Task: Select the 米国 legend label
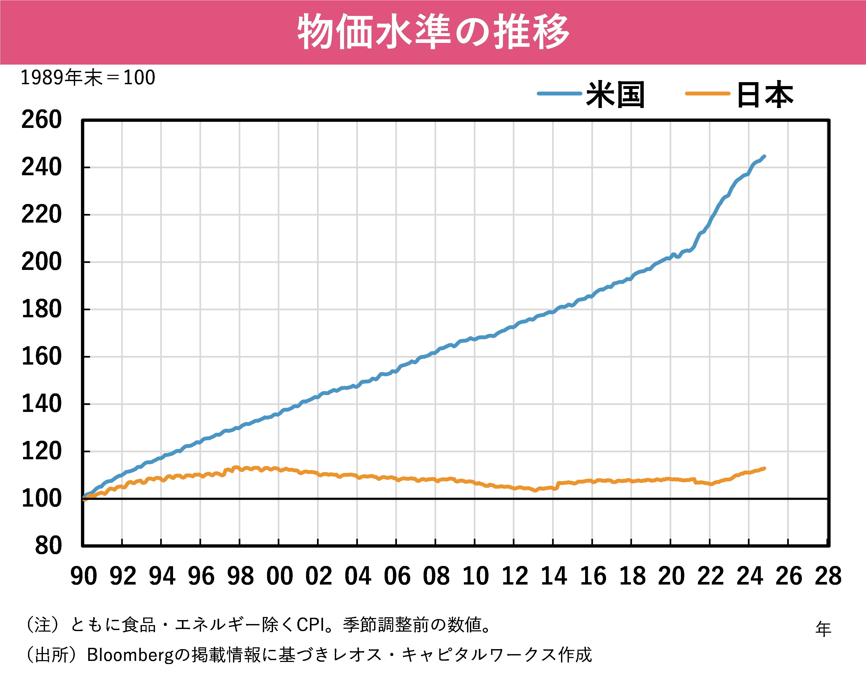(x=615, y=95)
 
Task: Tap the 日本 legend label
(x=765, y=95)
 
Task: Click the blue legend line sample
(x=559, y=94)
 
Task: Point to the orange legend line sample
(x=707, y=94)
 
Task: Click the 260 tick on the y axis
(x=41, y=120)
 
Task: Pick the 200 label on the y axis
(x=41, y=262)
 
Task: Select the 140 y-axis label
(x=41, y=404)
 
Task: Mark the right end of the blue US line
(x=764, y=156)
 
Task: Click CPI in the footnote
(x=311, y=625)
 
